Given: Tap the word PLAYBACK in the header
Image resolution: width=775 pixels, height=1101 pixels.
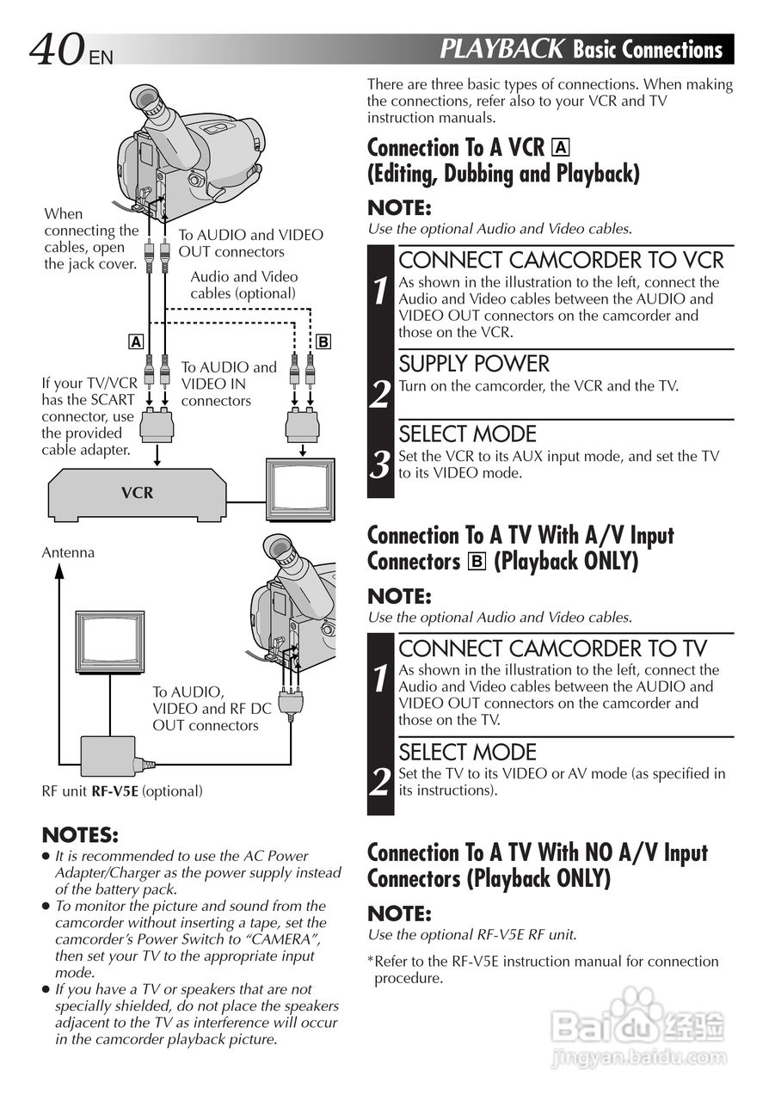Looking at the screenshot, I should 501,49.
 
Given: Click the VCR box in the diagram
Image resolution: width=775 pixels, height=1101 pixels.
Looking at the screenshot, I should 137,493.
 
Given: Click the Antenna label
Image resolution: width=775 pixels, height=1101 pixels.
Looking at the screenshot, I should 68,552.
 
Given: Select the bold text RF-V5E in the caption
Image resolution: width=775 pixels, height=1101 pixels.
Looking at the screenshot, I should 114,790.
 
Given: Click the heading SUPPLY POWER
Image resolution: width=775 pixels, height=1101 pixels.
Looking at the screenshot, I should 473,363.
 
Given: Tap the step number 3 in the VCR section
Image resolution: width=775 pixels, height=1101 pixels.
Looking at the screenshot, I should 380,465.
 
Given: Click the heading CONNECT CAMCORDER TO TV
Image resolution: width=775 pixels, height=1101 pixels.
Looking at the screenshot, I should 552,648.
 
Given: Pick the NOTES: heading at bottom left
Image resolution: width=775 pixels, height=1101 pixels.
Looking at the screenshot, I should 80,835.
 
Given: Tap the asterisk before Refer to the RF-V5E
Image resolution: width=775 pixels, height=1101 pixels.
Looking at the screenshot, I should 371,961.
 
